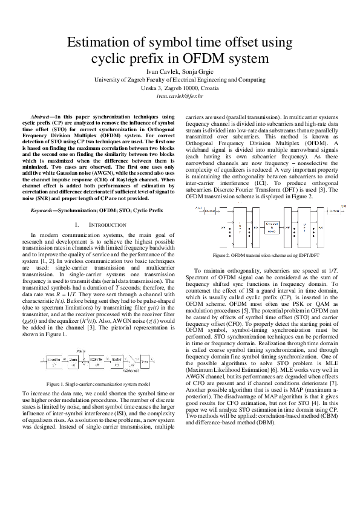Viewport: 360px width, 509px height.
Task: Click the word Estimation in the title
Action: tap(100, 43)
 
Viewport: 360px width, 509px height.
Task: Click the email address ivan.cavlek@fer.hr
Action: tap(180, 96)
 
